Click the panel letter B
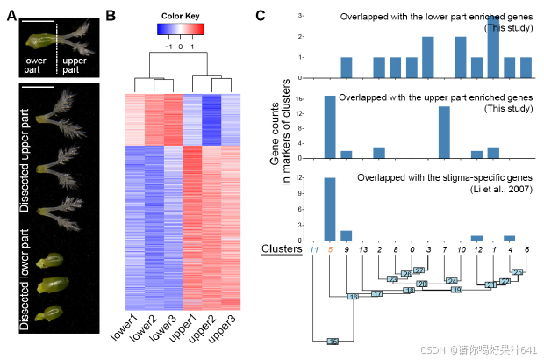111,16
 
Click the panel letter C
261,16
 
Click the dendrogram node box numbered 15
333,341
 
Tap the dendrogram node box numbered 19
456,290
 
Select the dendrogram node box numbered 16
354,297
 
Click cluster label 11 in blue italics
313,249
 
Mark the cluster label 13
363,249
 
